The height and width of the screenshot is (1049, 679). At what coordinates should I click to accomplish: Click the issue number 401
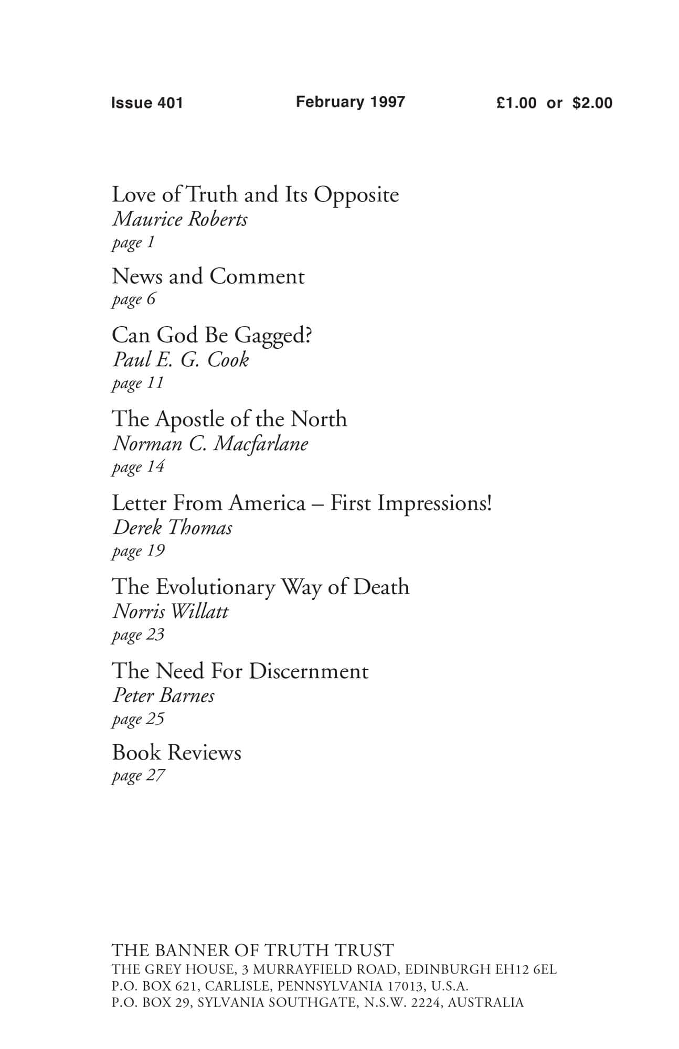tap(169, 103)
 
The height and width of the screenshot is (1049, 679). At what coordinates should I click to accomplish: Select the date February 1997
tap(351, 102)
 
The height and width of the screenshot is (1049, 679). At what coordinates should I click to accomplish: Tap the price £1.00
tap(516, 103)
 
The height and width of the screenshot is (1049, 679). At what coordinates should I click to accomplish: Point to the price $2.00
tap(592, 103)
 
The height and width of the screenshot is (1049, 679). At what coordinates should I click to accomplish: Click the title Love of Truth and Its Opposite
tap(255, 195)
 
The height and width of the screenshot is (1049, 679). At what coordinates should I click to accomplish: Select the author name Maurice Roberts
tap(180, 219)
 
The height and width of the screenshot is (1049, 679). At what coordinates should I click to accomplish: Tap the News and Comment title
tap(208, 276)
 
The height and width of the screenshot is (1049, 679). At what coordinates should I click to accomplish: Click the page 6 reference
tap(134, 299)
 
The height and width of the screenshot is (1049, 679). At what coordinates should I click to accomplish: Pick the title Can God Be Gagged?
tap(212, 335)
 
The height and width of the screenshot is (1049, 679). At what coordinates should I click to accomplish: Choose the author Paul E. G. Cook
tap(181, 360)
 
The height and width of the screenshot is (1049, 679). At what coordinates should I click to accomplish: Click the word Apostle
tap(195, 420)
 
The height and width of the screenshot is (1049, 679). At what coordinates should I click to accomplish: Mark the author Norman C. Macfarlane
tap(210, 444)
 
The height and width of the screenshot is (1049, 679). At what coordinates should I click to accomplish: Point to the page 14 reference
tap(138, 467)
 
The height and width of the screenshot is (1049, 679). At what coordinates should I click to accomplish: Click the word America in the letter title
tap(267, 504)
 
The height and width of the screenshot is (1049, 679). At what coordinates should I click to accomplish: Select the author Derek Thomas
tap(172, 528)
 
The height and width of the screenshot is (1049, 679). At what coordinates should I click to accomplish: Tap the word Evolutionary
tap(216, 587)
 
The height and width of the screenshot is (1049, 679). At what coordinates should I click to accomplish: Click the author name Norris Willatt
tap(171, 612)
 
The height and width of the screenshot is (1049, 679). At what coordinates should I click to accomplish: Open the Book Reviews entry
tap(176, 753)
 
